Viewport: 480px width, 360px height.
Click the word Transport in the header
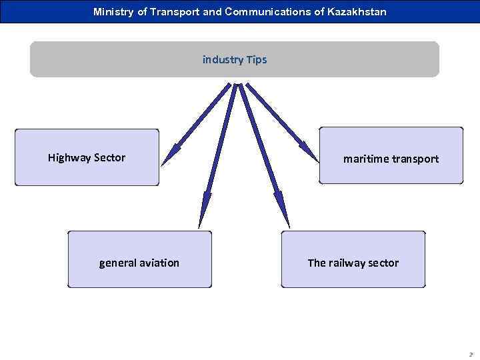pos(175,12)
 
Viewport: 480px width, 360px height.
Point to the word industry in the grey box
pos(223,60)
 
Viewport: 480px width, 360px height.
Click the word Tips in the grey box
pos(256,60)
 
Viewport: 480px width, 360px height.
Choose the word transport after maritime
pos(415,159)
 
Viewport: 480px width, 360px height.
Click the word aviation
pos(159,263)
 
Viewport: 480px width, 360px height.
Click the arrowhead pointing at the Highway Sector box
pos(169,156)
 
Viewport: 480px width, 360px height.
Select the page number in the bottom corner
pos(471,354)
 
